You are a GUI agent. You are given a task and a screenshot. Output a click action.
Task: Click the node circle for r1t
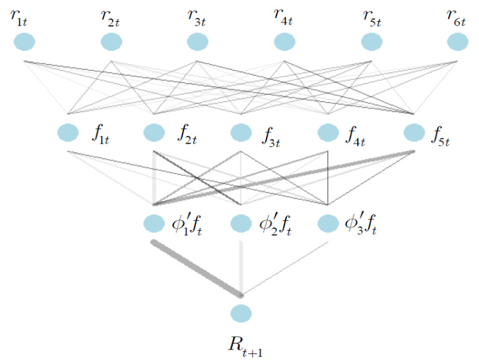24,42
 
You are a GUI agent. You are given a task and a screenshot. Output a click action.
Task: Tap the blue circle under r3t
198,42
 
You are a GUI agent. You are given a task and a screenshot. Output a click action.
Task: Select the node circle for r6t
457,42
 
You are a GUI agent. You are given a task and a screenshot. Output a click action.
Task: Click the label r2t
111,18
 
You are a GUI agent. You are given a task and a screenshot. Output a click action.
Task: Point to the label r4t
284,16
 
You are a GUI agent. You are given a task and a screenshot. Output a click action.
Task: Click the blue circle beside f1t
67,133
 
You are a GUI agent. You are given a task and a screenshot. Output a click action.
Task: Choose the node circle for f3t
241,133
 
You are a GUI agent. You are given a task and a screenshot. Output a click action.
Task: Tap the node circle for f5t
414,133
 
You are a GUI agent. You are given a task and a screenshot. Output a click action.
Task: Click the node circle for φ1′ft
154,224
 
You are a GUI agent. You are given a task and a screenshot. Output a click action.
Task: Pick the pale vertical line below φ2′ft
241,267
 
